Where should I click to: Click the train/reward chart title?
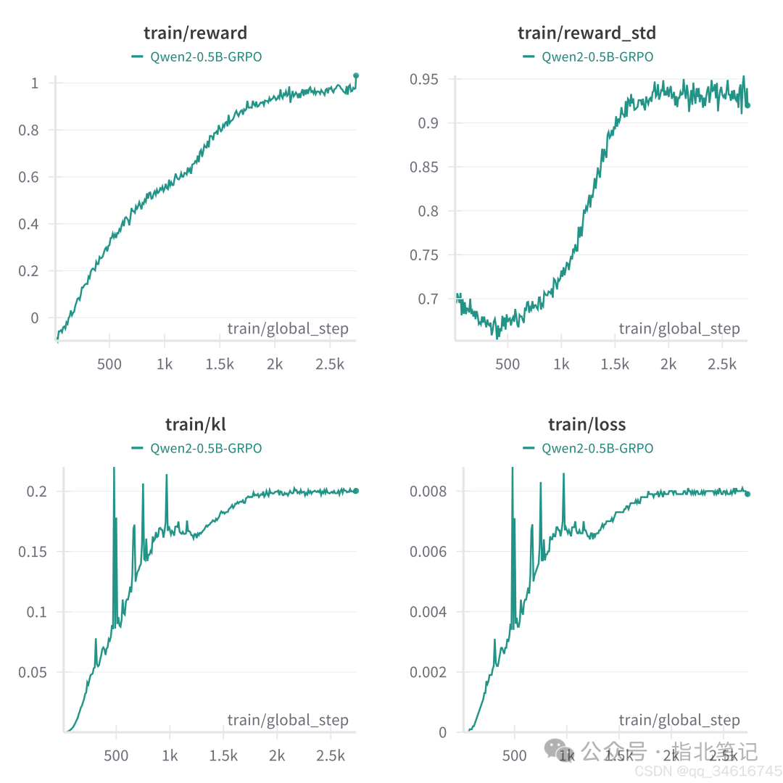(195, 33)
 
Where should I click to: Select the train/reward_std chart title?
(587, 33)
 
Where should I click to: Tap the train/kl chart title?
(195, 424)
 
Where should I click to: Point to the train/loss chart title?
(587, 424)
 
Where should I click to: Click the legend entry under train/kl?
(196, 448)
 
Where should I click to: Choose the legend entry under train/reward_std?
(588, 57)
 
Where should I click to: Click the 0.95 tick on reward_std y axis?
(424, 79)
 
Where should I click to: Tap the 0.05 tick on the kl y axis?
(33, 672)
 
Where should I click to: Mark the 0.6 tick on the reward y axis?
(30, 177)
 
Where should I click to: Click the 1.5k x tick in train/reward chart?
(220, 363)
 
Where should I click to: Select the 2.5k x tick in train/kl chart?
(331, 755)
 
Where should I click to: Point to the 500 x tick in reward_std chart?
(507, 363)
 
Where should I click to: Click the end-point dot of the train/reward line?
(356, 75)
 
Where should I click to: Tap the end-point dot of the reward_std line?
(747, 105)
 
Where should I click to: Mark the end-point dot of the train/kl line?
(356, 491)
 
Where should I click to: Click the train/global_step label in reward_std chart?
(679, 329)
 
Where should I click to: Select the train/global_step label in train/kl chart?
(288, 720)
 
